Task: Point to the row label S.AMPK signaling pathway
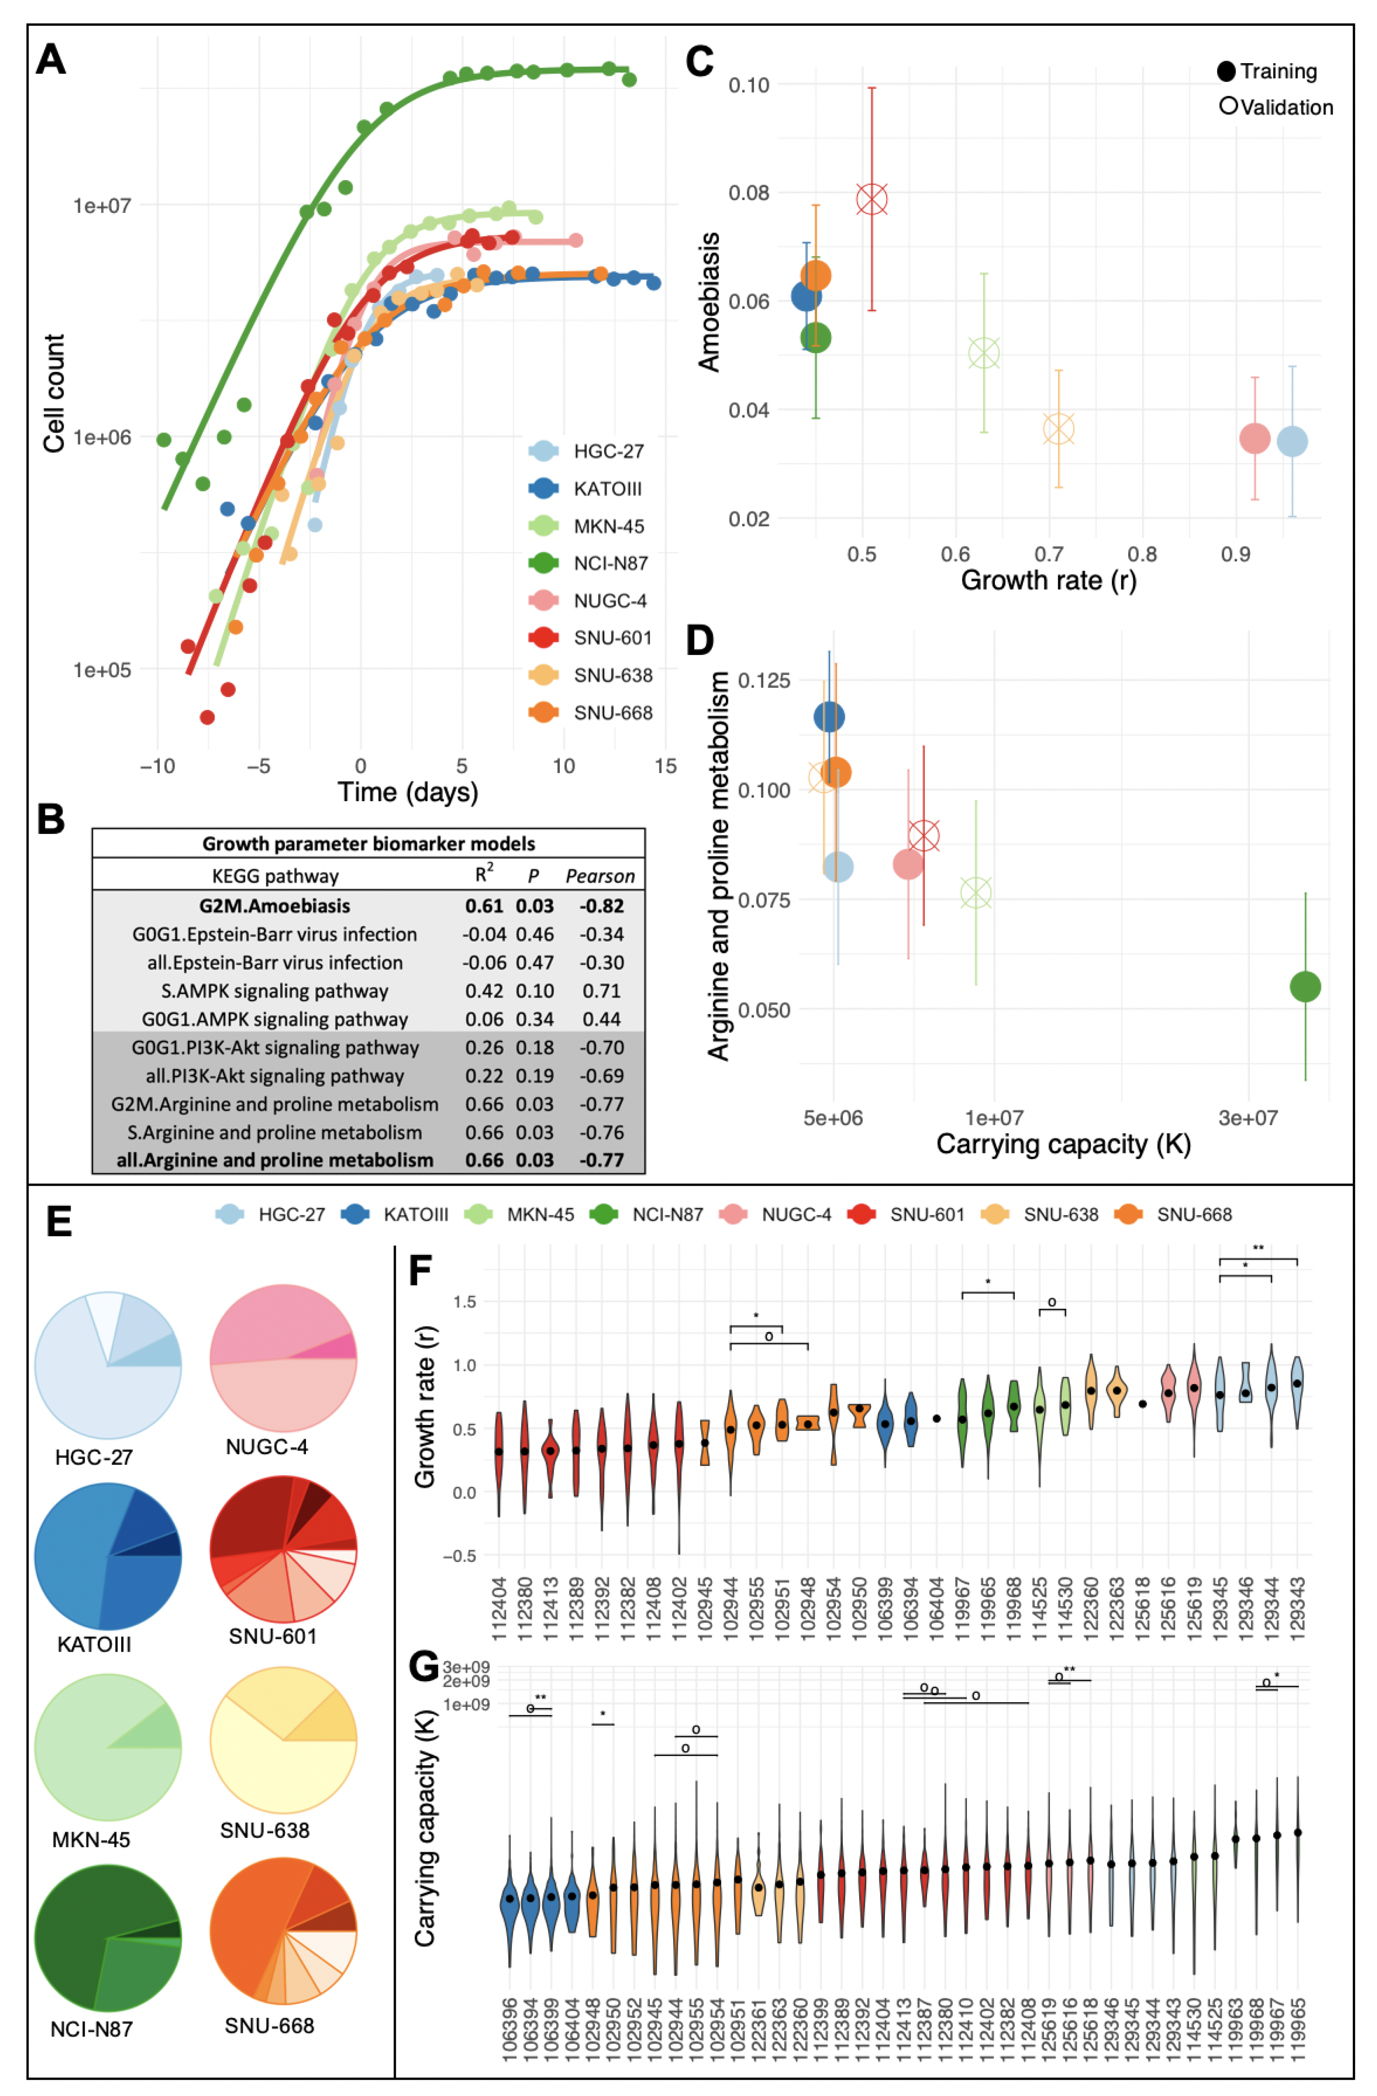pyautogui.click(x=275, y=991)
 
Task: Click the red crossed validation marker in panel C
pyautogui.click(x=872, y=199)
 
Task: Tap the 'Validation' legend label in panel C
pyautogui.click(x=1286, y=108)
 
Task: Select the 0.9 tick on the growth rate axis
pyautogui.click(x=1235, y=554)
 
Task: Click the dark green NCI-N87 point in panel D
pyautogui.click(x=1305, y=986)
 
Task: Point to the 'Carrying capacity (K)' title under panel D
pyautogui.click(x=1063, y=1144)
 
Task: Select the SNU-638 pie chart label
pyautogui.click(x=265, y=1831)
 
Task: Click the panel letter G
pyautogui.click(x=423, y=1666)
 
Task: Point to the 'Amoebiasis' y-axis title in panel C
pyautogui.click(x=709, y=302)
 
